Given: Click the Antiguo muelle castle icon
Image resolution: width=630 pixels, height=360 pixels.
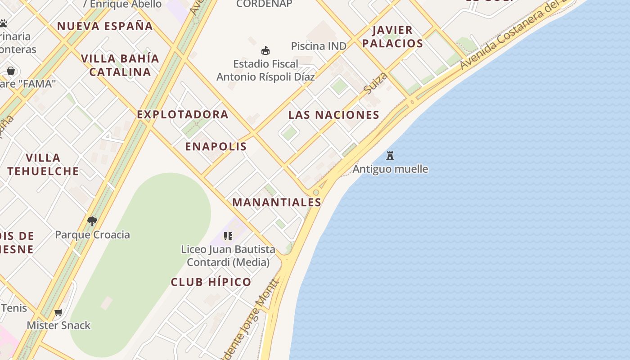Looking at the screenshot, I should coord(390,156).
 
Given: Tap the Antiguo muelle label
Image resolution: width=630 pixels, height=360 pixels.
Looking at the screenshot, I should coord(390,169).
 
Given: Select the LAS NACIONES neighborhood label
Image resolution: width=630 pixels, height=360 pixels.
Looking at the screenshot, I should coord(333,115).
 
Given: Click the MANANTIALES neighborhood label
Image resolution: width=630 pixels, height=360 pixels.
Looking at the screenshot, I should coord(277,202).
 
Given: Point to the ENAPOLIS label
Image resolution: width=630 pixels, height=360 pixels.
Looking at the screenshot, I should coord(216,147).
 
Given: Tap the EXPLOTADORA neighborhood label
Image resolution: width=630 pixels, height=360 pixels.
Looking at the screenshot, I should coord(183,115).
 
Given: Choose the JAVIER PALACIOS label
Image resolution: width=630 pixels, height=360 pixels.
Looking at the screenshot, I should coord(392,37).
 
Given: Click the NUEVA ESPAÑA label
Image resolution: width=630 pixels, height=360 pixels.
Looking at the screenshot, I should coord(105,26).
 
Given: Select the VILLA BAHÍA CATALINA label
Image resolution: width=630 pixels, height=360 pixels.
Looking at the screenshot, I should coord(120,65).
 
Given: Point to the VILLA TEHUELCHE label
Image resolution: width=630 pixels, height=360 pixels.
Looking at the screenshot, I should coord(43,164).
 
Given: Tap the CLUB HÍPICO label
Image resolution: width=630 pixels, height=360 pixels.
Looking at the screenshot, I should coord(211,282).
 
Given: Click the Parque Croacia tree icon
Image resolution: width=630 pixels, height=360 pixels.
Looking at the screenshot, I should coord(92,221).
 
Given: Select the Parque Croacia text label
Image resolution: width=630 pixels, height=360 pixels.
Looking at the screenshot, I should coord(92,234).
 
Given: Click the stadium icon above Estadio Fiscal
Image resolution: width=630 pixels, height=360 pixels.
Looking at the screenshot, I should coord(265,50).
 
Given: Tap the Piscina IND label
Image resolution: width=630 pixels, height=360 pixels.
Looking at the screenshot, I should coord(319,46).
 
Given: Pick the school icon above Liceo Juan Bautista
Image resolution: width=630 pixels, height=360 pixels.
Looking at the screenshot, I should coord(228,236).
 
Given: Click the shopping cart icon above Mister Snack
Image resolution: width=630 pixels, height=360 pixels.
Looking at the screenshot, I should coord(58,312).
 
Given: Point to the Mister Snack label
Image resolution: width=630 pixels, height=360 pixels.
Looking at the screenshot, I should coord(58,325).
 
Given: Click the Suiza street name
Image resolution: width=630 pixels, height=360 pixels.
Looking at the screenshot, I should coord(375,83).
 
